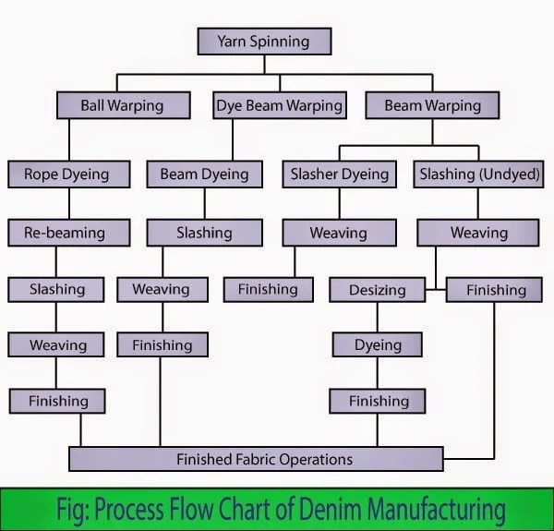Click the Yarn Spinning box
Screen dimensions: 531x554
tap(264, 42)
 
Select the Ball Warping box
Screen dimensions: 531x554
tap(122, 105)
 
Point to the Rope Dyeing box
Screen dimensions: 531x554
tap(66, 175)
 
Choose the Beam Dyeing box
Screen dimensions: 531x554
tap(205, 175)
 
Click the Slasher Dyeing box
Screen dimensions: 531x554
tap(340, 175)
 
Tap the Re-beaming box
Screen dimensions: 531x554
tap(65, 234)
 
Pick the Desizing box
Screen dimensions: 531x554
tap(377, 290)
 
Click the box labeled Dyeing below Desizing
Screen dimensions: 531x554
tap(378, 345)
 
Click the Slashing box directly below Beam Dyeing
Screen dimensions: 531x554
tap(204, 234)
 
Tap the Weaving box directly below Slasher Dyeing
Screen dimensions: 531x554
tap(338, 234)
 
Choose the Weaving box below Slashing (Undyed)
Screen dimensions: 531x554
tap(478, 234)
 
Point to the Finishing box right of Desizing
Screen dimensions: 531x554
tap(495, 290)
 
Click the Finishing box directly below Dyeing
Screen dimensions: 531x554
tap(378, 402)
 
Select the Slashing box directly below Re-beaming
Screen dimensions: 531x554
tap(57, 290)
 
